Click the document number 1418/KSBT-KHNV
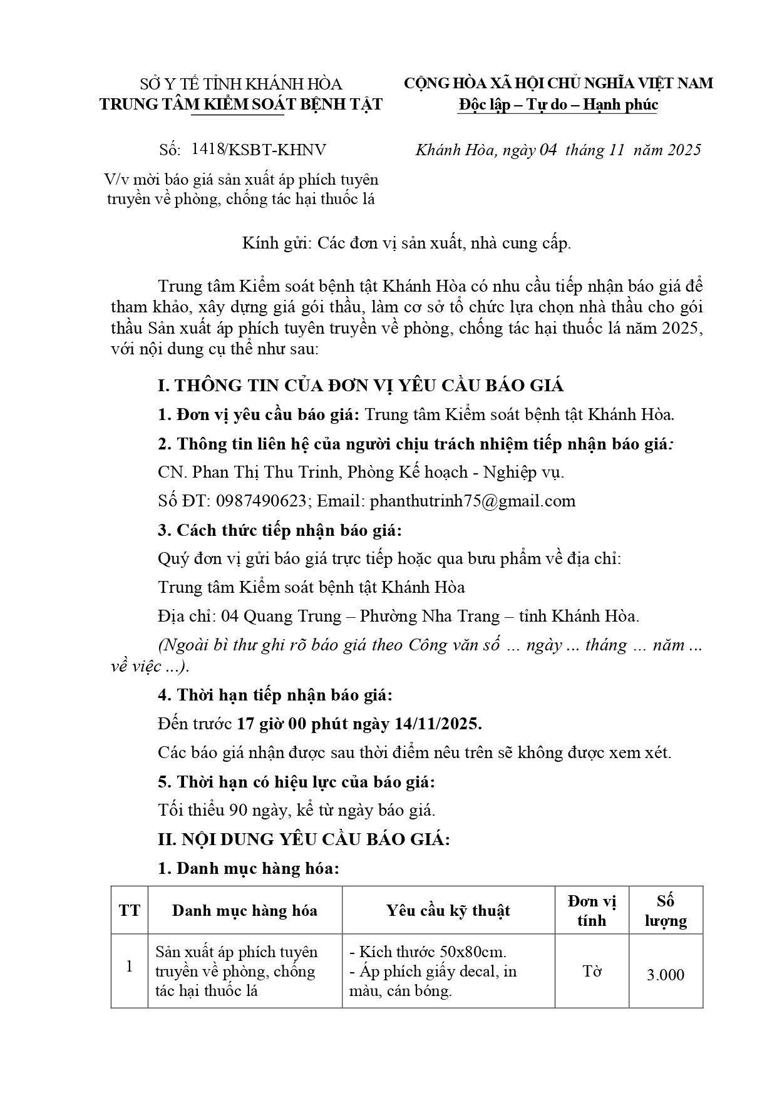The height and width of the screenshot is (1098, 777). click(259, 150)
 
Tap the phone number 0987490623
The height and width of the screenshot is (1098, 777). click(262, 501)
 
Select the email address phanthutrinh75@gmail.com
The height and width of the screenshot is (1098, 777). click(472, 501)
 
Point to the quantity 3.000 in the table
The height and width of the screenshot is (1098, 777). click(666, 975)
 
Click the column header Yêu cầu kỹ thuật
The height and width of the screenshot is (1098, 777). click(448, 910)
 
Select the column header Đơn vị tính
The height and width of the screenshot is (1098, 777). click(592, 911)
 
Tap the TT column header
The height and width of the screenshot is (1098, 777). click(130, 910)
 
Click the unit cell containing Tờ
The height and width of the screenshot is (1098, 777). click(592, 971)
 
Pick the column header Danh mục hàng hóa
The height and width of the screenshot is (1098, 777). click(244, 910)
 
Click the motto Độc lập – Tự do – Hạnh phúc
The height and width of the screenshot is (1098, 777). click(558, 104)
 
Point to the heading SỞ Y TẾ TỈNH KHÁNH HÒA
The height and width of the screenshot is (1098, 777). click(240, 84)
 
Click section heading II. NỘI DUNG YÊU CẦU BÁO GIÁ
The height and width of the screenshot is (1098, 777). click(304, 839)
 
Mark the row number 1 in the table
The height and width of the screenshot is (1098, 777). click(130, 966)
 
